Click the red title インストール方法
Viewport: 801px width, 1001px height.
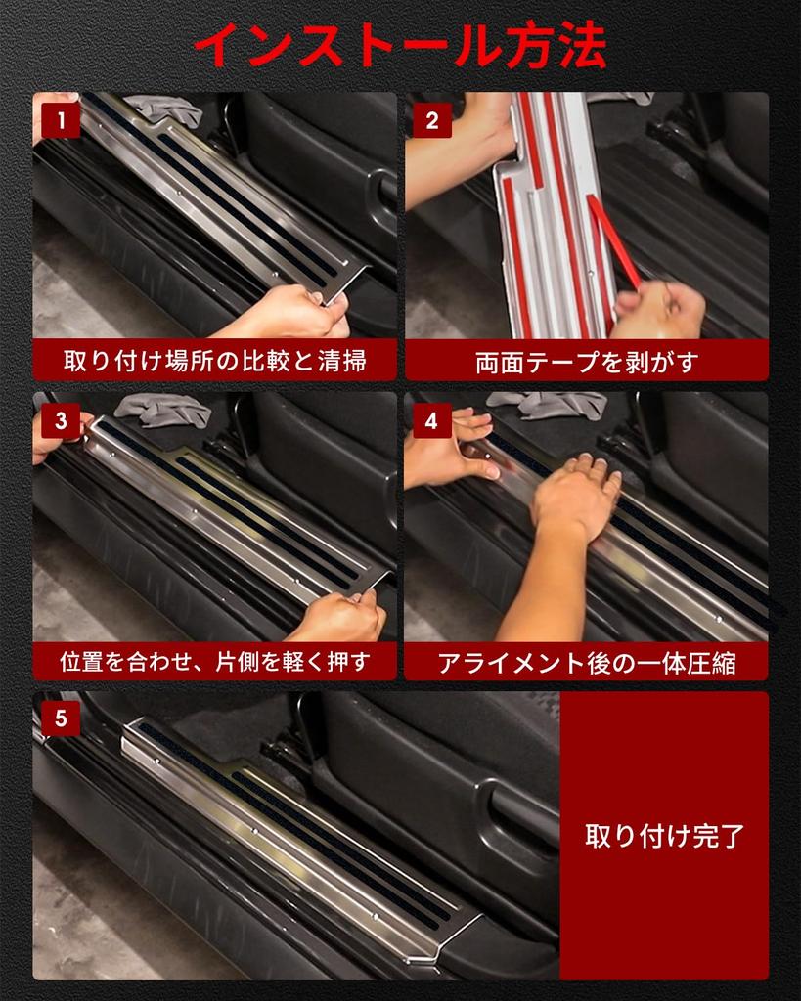(x=400, y=45)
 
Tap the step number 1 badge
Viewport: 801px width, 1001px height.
(x=61, y=121)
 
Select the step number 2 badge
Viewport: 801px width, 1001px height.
(x=432, y=121)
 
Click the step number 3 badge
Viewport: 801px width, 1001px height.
(x=61, y=421)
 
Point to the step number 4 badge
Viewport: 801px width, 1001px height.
(x=432, y=421)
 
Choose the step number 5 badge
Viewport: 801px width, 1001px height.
(x=61, y=719)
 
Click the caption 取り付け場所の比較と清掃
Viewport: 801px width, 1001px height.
(x=214, y=361)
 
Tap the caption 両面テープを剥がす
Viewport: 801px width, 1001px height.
(x=587, y=362)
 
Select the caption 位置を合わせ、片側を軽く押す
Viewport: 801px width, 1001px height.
(x=214, y=662)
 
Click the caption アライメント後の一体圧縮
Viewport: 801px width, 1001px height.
(x=587, y=663)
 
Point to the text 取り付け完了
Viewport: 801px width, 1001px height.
(x=664, y=837)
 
